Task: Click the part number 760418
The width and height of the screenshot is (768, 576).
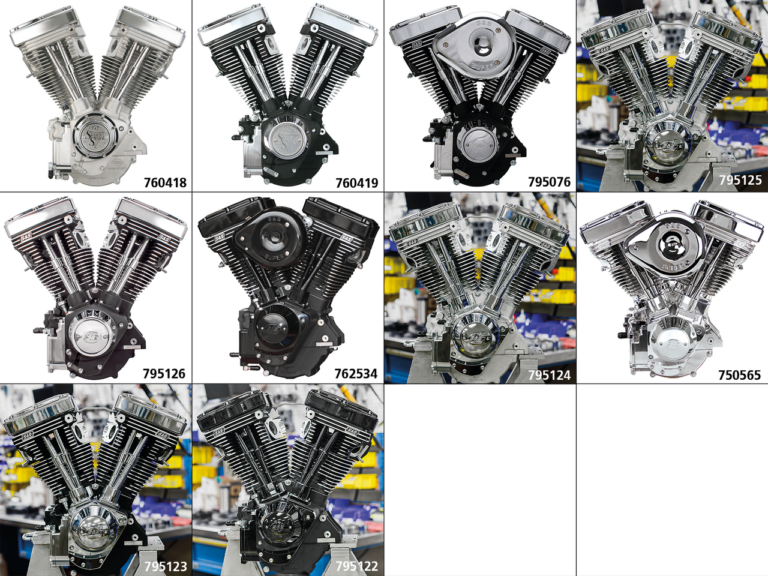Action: [x=165, y=182]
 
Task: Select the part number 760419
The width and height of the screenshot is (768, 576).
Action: [x=357, y=182]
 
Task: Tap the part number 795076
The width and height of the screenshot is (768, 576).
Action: [x=549, y=182]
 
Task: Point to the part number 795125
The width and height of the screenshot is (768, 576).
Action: [x=740, y=180]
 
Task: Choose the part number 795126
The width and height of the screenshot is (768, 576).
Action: [x=164, y=374]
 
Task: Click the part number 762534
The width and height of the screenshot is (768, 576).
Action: [x=356, y=374]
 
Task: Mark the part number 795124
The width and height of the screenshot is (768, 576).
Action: [x=549, y=376]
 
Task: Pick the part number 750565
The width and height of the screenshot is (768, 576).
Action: [x=739, y=376]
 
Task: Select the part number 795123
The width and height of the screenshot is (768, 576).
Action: [x=166, y=566]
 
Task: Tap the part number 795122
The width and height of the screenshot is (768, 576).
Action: [x=356, y=566]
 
